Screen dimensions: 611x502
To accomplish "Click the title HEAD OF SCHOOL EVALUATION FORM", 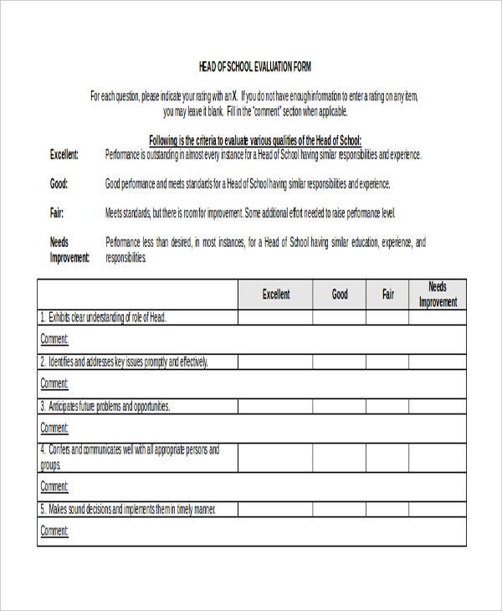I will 254,66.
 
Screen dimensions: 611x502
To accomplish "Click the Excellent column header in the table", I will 276,295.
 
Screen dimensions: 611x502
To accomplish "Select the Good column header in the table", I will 340,295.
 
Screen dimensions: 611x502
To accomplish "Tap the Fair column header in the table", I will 388,295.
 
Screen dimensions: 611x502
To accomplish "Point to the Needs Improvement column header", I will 438,295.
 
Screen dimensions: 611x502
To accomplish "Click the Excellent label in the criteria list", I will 64,155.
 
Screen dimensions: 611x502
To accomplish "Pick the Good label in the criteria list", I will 59,184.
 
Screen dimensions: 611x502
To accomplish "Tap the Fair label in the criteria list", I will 57,213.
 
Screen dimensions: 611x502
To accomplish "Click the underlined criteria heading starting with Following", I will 254,141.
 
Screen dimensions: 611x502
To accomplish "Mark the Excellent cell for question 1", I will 275,317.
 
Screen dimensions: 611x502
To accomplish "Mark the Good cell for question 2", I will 340,362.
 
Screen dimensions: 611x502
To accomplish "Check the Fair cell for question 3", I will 388,407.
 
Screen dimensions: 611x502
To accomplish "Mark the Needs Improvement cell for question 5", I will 438,509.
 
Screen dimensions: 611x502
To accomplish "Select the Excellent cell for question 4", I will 275,458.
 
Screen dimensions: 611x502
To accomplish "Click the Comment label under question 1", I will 54,340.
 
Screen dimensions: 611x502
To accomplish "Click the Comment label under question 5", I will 54,531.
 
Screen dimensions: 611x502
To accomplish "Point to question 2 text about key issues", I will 124,362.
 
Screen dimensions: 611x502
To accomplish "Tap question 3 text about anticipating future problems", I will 105,407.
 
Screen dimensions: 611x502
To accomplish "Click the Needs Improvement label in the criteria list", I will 69,250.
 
